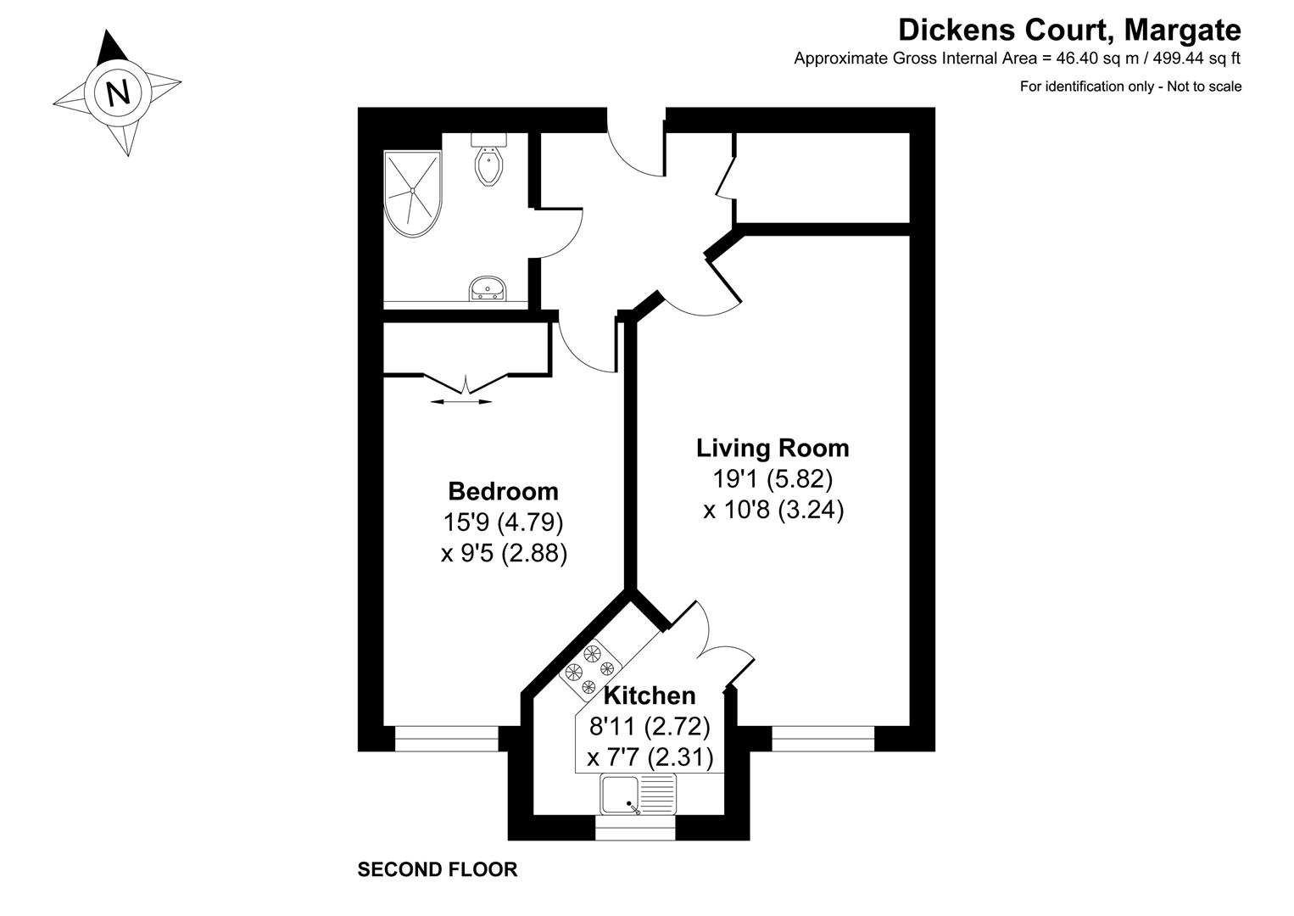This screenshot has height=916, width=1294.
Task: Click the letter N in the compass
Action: (x=118, y=92)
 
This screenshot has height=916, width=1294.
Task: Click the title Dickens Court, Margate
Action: (x=1069, y=31)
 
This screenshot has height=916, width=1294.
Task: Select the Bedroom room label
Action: (x=503, y=491)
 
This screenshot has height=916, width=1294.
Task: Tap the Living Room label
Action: (x=772, y=447)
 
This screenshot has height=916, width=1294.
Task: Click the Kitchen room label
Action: (x=650, y=695)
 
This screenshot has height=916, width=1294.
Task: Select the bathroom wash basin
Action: (x=488, y=289)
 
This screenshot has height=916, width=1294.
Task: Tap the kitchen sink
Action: (x=638, y=795)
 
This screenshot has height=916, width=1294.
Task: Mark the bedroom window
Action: (x=446, y=739)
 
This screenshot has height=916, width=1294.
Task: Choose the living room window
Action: (x=823, y=739)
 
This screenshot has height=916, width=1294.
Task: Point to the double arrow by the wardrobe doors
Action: (x=460, y=401)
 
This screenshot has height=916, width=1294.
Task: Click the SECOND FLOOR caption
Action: (x=437, y=869)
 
